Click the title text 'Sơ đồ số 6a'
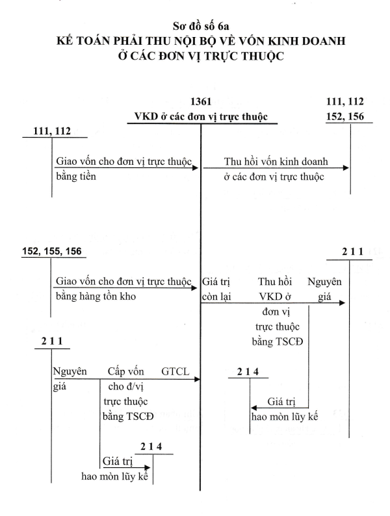201,26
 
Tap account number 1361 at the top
201,102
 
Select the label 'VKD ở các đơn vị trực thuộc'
201,117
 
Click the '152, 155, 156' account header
52,251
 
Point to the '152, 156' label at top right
345,116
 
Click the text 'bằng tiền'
76,177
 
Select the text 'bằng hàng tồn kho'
96,296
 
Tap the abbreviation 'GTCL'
175,371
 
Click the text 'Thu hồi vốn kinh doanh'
276,162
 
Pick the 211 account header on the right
353,252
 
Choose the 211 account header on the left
52,341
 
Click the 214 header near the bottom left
151,447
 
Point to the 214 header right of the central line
248,372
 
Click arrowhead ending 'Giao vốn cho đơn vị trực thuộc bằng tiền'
196,168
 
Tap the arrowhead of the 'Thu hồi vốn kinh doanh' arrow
346,168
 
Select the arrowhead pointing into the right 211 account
342,302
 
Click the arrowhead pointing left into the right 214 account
253,408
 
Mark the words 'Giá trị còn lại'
216,289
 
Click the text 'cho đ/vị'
126,386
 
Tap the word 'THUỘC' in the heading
263,56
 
